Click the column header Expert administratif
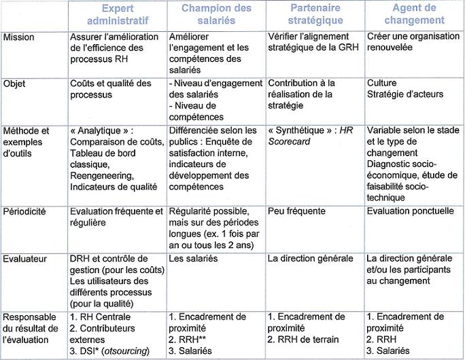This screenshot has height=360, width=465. point(116,14)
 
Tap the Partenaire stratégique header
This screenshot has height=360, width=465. point(315,14)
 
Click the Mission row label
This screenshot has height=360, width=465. point(20,36)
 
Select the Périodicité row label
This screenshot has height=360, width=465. point(24,211)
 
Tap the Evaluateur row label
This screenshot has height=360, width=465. point(24,259)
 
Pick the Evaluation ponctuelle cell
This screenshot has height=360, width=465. point(410,211)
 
